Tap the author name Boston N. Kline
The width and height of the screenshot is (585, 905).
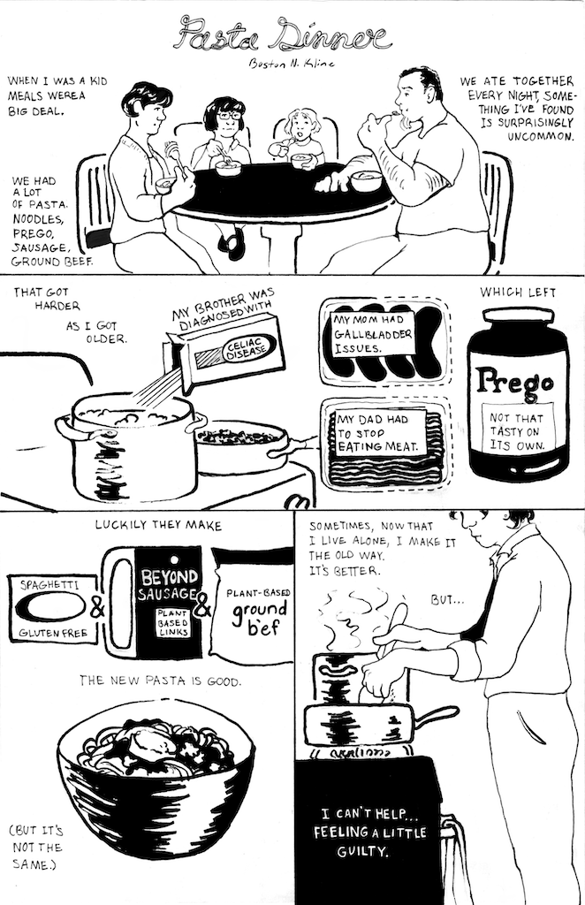291,63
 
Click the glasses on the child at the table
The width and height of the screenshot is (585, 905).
229,116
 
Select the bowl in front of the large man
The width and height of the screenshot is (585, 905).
366,180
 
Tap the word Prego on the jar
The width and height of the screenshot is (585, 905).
515,382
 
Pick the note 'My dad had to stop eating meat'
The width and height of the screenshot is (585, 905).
381,432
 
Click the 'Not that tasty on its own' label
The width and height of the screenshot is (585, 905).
517,430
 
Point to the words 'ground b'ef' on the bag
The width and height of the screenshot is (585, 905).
259,617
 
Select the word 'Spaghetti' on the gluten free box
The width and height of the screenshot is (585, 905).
49,585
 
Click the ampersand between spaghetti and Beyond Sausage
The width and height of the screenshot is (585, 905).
97,608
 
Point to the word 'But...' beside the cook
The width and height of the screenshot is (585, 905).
447,600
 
